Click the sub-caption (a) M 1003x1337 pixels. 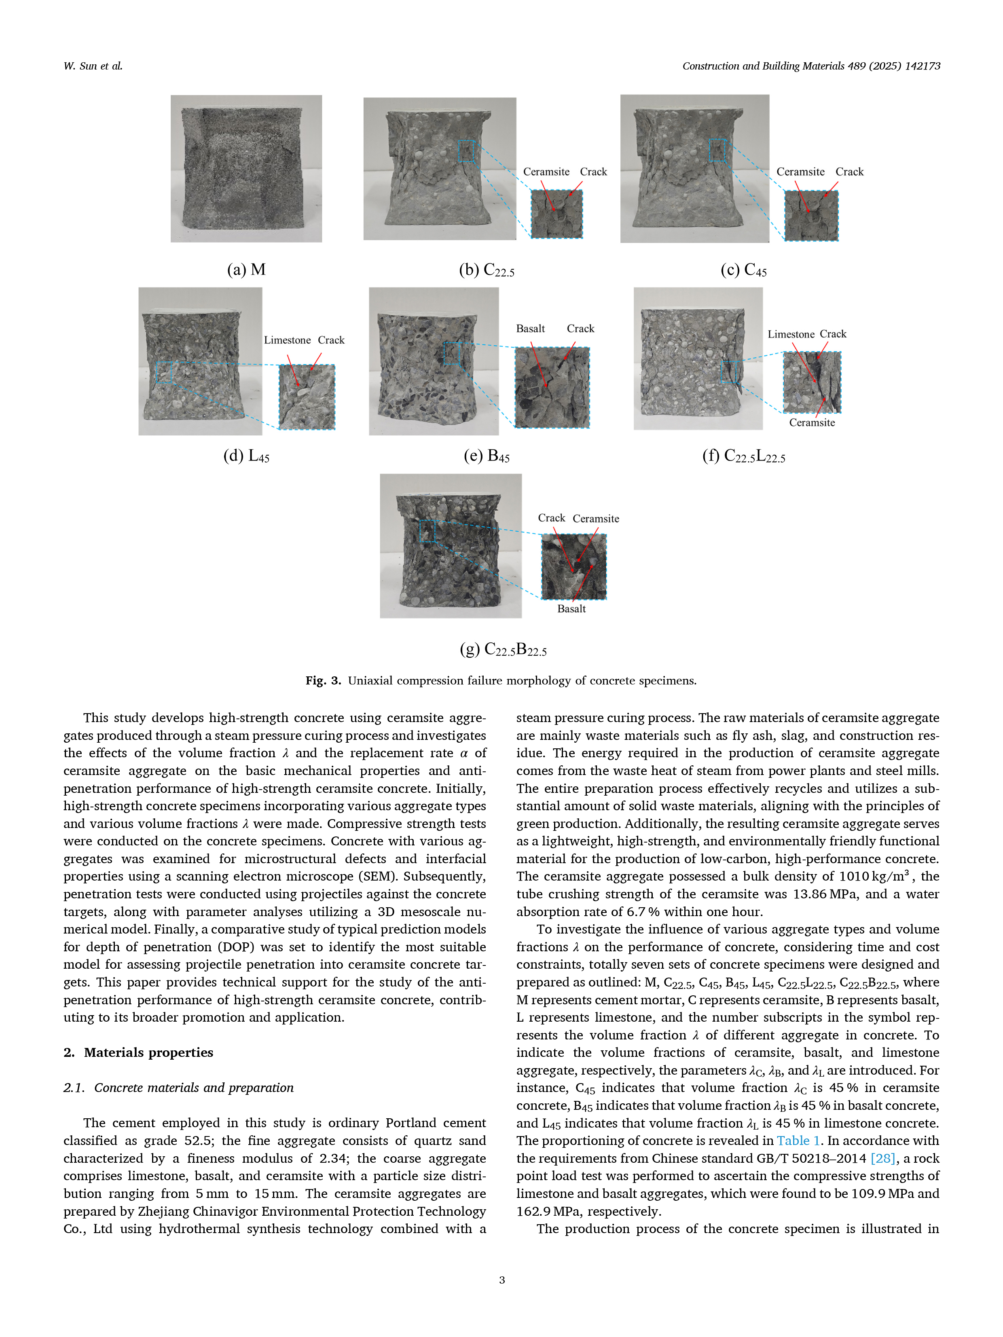pos(246,270)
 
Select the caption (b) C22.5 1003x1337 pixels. pos(487,270)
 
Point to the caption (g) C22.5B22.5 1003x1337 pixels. pos(503,650)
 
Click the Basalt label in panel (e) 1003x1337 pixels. pos(530,329)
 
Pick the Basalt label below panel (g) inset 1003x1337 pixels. pos(571,608)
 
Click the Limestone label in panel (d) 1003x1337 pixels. pos(287,340)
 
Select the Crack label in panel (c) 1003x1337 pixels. pos(849,172)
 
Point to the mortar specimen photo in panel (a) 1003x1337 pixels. pos(246,169)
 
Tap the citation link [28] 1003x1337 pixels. pos(883,1158)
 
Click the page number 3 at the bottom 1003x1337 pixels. pos(502,1280)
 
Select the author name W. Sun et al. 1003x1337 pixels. pos(93,66)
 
